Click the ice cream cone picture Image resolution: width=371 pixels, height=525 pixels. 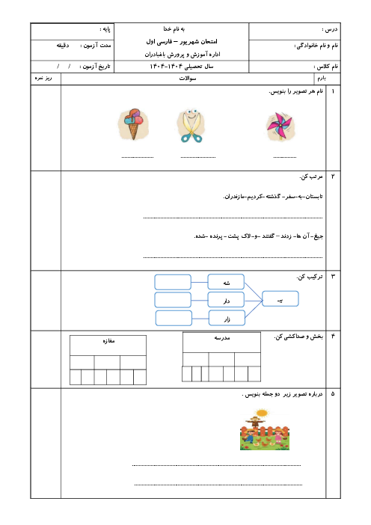point(133,124)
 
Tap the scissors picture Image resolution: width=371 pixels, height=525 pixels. point(191,126)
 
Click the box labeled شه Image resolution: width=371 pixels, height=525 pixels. point(226,282)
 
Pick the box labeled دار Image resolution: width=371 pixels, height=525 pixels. point(226,300)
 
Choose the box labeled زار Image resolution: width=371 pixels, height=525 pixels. point(227,318)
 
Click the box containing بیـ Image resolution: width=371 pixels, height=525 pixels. point(280,298)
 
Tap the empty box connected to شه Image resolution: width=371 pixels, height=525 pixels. point(173,282)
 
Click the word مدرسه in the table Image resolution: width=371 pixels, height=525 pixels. point(222,338)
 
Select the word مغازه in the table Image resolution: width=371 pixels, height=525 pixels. point(108,341)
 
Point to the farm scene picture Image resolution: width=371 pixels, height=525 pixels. point(265,429)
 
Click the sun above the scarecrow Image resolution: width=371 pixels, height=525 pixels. point(262,413)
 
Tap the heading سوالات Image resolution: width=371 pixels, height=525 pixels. point(188,79)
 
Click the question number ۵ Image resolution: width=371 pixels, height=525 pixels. point(333,394)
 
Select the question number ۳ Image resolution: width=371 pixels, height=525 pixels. point(333,277)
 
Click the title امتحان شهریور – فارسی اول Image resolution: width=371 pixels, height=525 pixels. point(182,42)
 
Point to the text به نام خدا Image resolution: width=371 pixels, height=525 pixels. point(174,29)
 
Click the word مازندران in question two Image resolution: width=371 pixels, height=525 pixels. point(233,197)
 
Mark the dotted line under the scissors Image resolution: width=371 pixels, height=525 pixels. point(198,157)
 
